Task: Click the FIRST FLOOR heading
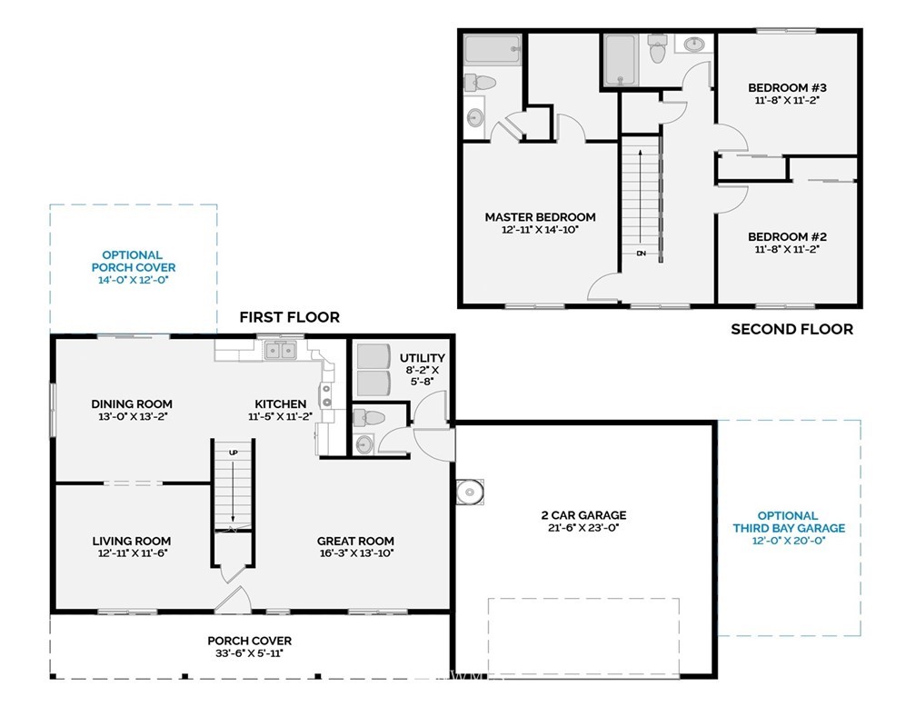pos(289,317)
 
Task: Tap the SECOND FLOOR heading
pos(792,330)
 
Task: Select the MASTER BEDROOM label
pos(541,217)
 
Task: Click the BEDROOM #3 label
pos(787,87)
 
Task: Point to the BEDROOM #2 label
pos(787,236)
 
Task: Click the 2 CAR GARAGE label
pos(583,514)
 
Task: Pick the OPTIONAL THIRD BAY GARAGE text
pos(789,522)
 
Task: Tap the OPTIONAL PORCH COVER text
pos(134,261)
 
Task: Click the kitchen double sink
pos(281,351)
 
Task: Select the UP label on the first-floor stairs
pos(233,453)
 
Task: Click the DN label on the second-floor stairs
pos(641,254)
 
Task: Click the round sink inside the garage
pos(469,492)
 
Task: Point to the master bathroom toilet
pos(480,83)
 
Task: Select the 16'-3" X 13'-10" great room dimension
pos(356,553)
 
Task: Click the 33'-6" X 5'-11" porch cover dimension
pos(249,653)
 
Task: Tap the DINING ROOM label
pos(132,403)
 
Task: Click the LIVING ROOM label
pos(132,541)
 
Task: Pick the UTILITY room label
pos(423,358)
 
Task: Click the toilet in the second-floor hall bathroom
pos(658,49)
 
